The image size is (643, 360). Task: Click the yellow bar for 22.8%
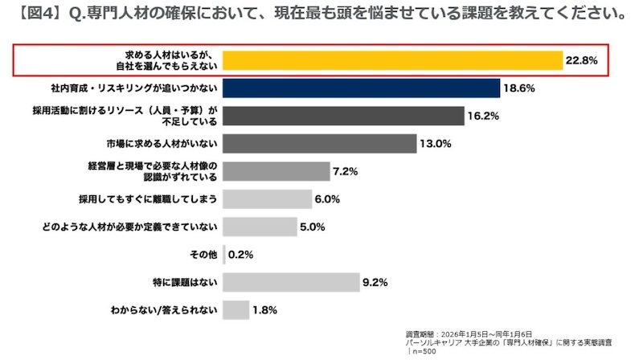(x=391, y=61)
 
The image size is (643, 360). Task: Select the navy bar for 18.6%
(x=359, y=88)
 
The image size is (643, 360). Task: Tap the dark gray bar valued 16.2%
(x=343, y=116)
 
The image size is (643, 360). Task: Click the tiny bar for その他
(x=223, y=255)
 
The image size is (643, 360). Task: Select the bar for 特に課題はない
(x=290, y=282)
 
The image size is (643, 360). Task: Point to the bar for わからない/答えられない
(x=235, y=309)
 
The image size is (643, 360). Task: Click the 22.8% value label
(x=581, y=61)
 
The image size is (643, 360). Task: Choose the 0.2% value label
(x=241, y=255)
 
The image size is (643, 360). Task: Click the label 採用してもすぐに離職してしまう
(x=149, y=199)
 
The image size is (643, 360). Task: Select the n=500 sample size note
(x=424, y=350)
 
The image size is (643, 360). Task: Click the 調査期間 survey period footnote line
(x=469, y=333)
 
